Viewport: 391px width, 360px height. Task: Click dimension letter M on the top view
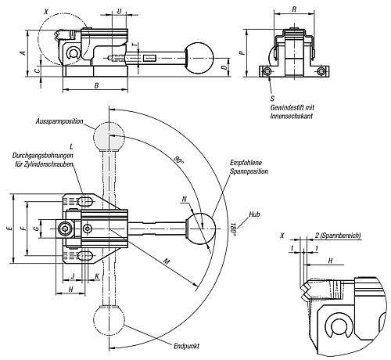pos(166,261)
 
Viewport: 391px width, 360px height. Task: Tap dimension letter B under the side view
pos(95,85)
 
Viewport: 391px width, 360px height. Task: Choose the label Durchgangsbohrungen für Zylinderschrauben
pos(43,160)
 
